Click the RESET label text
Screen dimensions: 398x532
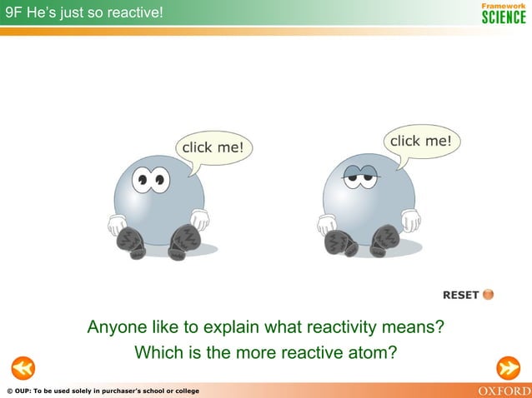click(460, 295)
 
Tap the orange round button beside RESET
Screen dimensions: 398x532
click(489, 294)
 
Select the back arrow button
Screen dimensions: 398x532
click(23, 367)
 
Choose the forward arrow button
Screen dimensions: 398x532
click(508, 367)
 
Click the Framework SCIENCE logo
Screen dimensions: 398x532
click(504, 13)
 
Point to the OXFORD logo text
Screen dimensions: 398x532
click(503, 391)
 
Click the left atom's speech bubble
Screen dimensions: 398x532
click(213, 147)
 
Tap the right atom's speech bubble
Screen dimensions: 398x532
click(421, 142)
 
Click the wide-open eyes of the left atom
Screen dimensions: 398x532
click(150, 178)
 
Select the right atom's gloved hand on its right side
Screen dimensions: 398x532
click(410, 220)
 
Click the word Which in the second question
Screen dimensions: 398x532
click(156, 353)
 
